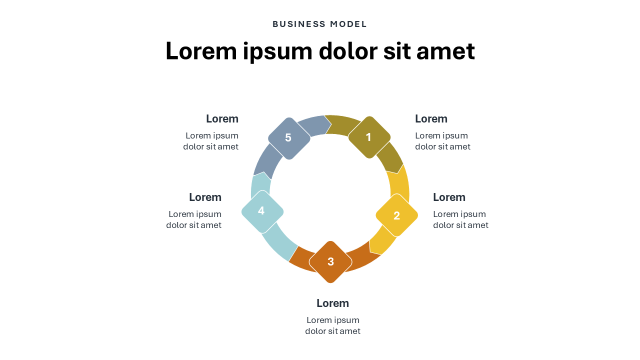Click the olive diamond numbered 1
click(369, 137)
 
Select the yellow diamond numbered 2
click(396, 215)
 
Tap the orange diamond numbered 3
click(330, 261)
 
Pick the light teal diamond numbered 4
click(262, 211)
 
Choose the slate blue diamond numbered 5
click(288, 138)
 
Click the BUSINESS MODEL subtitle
click(320, 24)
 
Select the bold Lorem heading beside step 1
click(431, 119)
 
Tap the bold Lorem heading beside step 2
click(449, 197)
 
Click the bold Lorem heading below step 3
click(332, 303)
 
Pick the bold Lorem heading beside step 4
click(205, 197)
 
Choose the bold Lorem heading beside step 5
click(222, 119)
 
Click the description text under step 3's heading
click(332, 325)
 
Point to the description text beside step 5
click(211, 141)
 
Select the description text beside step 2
click(460, 219)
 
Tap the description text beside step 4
click(194, 219)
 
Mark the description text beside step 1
click(442, 141)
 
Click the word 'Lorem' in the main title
click(201, 51)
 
